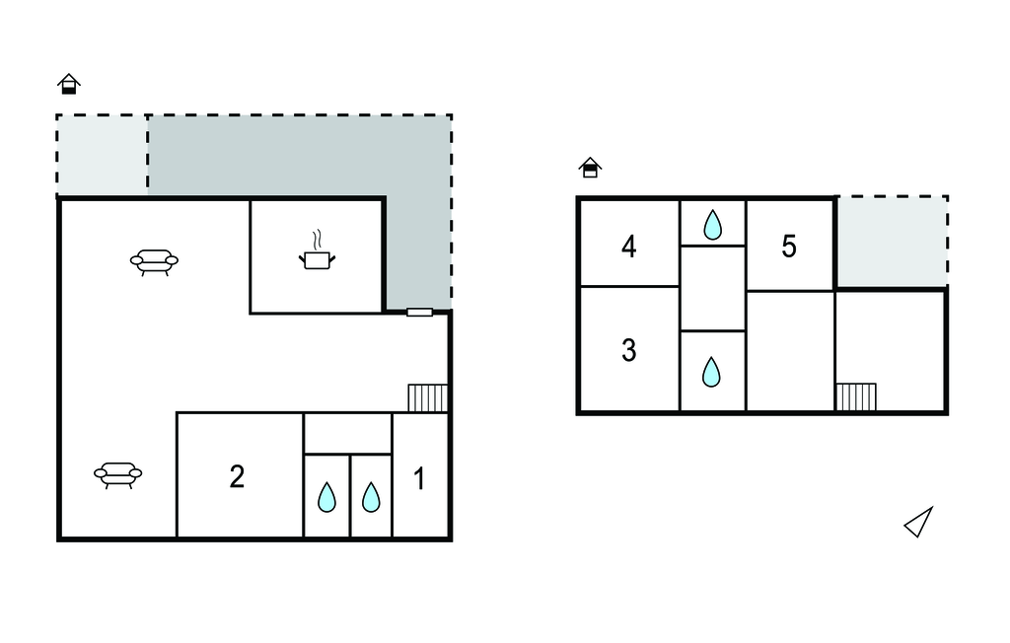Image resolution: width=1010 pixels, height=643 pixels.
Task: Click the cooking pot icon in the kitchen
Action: pos(317,258)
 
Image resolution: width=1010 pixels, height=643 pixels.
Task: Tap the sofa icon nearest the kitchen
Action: pos(154,261)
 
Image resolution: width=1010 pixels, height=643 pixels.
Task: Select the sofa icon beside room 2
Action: pos(118,475)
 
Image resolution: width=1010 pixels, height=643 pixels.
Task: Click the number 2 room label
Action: pos(237,476)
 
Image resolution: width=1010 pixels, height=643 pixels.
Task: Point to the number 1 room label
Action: pos(419,479)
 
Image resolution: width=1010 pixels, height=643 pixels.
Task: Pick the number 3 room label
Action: pos(629,350)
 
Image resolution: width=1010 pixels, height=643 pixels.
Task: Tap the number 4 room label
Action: pos(629,246)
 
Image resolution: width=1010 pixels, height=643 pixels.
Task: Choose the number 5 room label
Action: pos(789,247)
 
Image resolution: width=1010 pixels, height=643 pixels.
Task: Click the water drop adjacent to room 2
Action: pos(326,498)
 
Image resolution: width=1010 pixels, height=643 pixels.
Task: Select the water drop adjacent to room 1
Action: pos(371,498)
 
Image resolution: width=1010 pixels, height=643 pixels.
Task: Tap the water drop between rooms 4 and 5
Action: pos(712,225)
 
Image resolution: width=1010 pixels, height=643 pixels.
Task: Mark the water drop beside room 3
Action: pos(711,372)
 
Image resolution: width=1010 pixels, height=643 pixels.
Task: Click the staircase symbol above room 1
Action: pos(428,397)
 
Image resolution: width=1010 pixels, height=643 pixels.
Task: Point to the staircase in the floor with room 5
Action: pos(856,396)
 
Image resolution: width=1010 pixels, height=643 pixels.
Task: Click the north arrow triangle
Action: pos(919,523)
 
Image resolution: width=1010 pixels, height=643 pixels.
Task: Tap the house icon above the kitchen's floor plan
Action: pos(68,84)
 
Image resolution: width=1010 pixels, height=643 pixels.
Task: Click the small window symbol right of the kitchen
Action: pos(419,313)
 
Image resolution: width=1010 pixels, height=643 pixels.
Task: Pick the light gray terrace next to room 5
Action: pos(892,242)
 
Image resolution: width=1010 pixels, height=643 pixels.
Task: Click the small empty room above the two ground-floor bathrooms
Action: pos(347,434)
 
